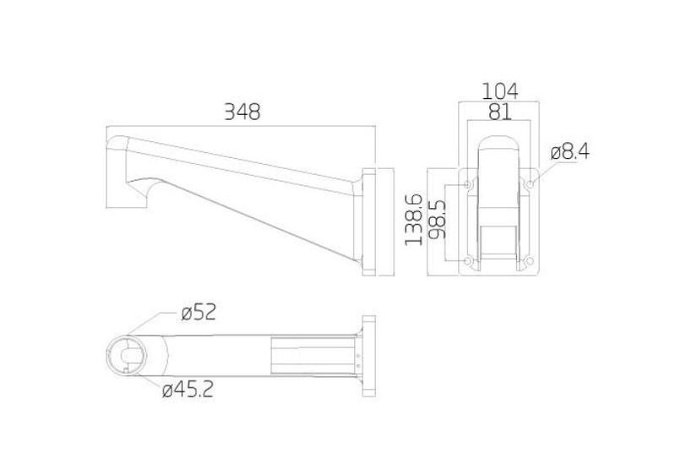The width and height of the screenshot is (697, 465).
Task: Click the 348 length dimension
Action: pyautogui.click(x=242, y=111)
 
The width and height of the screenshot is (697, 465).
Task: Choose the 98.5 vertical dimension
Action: pyautogui.click(x=438, y=219)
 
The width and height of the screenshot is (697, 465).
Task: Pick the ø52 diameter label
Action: pyautogui.click(x=199, y=312)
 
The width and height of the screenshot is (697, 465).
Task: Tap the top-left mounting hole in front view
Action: pyautogui.click(x=467, y=182)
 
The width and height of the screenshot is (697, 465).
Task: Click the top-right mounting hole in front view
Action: pyautogui.click(x=530, y=182)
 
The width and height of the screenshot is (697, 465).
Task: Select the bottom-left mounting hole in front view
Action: pyautogui.click(x=467, y=260)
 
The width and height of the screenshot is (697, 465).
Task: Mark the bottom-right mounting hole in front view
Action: pyautogui.click(x=530, y=260)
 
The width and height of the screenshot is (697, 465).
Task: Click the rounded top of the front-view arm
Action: pyautogui.click(x=498, y=141)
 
